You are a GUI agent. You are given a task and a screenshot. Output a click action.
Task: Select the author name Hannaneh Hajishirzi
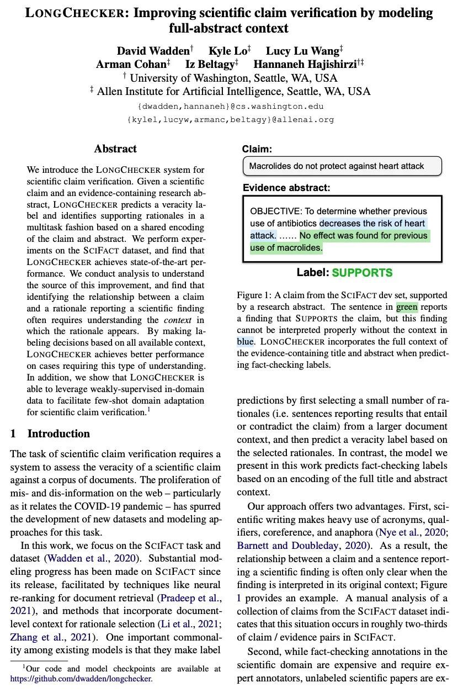305,65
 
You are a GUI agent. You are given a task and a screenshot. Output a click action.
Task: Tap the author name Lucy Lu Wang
302,51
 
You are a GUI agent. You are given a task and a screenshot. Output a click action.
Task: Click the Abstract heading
115,149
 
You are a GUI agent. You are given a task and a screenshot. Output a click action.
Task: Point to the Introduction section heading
58,433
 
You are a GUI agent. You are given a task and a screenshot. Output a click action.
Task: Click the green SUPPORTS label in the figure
362,273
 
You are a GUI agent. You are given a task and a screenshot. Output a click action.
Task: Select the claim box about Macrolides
342,166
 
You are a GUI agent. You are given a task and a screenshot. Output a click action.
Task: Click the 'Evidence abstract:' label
286,188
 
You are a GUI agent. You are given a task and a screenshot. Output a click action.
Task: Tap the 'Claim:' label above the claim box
257,149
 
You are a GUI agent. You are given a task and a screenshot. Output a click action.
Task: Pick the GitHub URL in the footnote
81,679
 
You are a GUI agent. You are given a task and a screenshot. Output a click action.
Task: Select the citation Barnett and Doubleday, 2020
301,546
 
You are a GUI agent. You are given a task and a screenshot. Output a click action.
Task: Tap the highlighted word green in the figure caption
407,307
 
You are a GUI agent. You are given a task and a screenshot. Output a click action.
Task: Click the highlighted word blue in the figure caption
246,341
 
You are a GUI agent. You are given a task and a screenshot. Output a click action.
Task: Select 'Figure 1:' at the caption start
254,295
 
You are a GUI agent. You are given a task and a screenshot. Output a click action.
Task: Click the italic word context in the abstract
178,320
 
